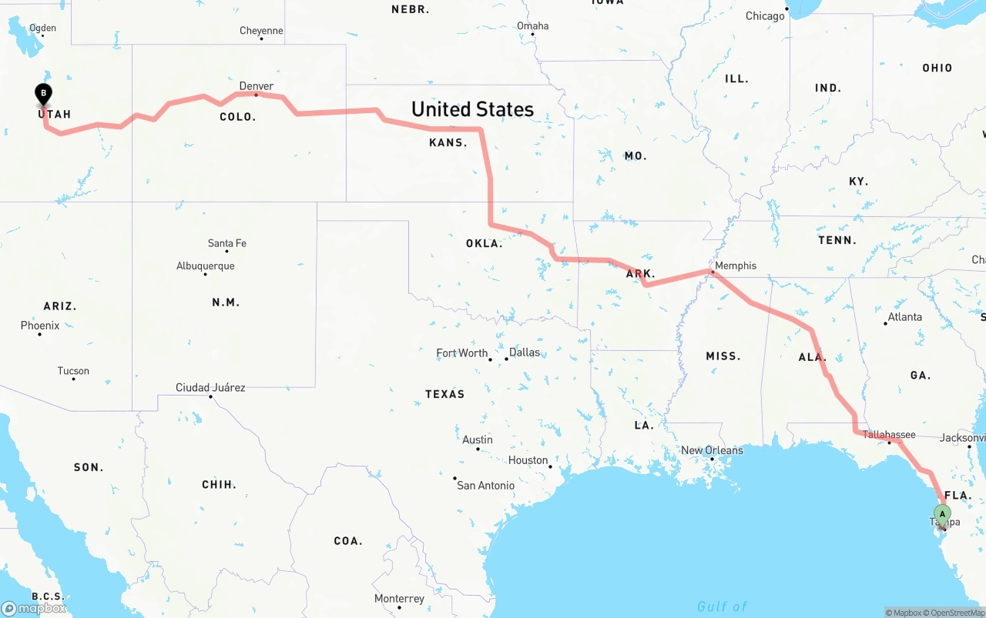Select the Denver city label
click(x=257, y=86)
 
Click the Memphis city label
click(x=736, y=266)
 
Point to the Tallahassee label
click(x=889, y=434)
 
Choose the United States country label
click(x=472, y=109)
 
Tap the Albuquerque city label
click(x=205, y=266)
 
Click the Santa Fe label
click(x=227, y=243)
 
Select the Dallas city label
click(x=525, y=352)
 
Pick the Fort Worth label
click(x=462, y=352)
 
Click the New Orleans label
click(x=712, y=450)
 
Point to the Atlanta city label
click(x=904, y=317)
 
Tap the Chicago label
click(x=765, y=16)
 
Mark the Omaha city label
click(x=533, y=26)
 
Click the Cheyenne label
click(x=261, y=31)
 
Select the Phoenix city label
click(x=40, y=326)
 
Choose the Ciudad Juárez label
click(x=210, y=387)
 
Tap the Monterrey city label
click(x=399, y=599)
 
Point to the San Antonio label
click(x=485, y=486)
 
